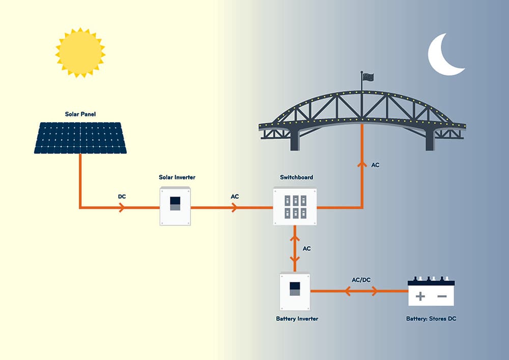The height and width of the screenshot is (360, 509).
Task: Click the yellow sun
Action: [80, 52]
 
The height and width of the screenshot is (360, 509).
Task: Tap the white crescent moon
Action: [444, 55]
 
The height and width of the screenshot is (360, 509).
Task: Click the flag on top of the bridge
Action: [367, 76]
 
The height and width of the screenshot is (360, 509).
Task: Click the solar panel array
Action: [80, 137]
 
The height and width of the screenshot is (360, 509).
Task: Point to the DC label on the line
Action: [122, 196]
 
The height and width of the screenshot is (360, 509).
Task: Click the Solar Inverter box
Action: [175, 206]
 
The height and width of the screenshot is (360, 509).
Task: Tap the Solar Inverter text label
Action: [177, 177]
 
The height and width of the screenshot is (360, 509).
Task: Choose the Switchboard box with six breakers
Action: [295, 206]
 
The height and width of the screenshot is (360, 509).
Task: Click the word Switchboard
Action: [296, 177]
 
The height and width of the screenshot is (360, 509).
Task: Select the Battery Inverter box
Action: [295, 292]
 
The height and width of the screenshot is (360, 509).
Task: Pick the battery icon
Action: [431, 292]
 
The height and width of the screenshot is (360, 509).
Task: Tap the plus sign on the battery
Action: [420, 296]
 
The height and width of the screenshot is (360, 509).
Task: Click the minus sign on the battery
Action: [442, 296]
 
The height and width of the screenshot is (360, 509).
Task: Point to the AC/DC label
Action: [361, 280]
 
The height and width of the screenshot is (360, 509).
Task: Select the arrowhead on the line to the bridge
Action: [362, 164]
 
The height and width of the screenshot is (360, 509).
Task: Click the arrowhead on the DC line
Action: [121, 208]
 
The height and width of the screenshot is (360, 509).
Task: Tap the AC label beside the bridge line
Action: [375, 165]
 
